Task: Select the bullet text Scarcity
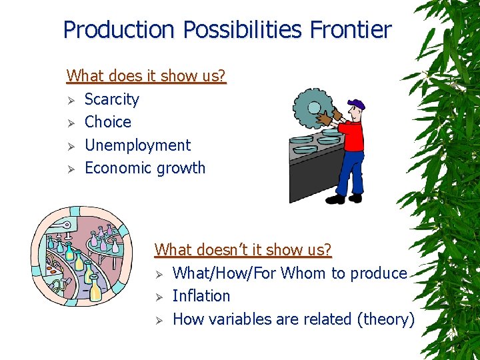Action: pos(112,99)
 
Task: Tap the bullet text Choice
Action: pos(108,122)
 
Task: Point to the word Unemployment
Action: pos(137,145)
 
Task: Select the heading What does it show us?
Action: pos(147,76)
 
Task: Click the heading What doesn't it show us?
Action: pos(243,250)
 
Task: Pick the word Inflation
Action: pos(201,296)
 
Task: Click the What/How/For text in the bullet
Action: pos(225,273)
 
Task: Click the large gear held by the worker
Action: pos(313,110)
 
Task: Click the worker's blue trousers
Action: pos(348,173)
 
